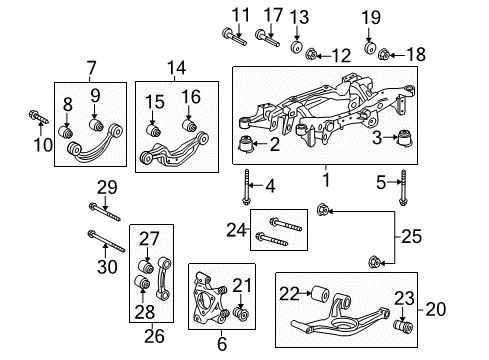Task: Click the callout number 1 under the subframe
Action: [x=323, y=182]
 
